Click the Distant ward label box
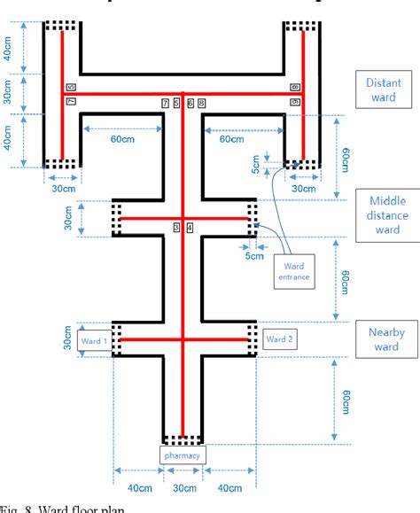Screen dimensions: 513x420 click(382, 89)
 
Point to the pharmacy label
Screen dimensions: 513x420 click(183, 455)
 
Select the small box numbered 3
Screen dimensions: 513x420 click(176, 228)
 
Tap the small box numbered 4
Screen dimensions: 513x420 click(190, 228)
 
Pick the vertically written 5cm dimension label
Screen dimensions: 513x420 click(256, 164)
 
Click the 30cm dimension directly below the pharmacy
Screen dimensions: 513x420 click(183, 488)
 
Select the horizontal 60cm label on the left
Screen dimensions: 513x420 click(122, 139)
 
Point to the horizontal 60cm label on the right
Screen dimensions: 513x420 click(231, 139)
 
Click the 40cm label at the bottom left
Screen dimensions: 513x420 click(136, 488)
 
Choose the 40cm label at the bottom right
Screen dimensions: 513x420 click(229, 488)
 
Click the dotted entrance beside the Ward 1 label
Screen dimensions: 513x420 click(116, 339)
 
